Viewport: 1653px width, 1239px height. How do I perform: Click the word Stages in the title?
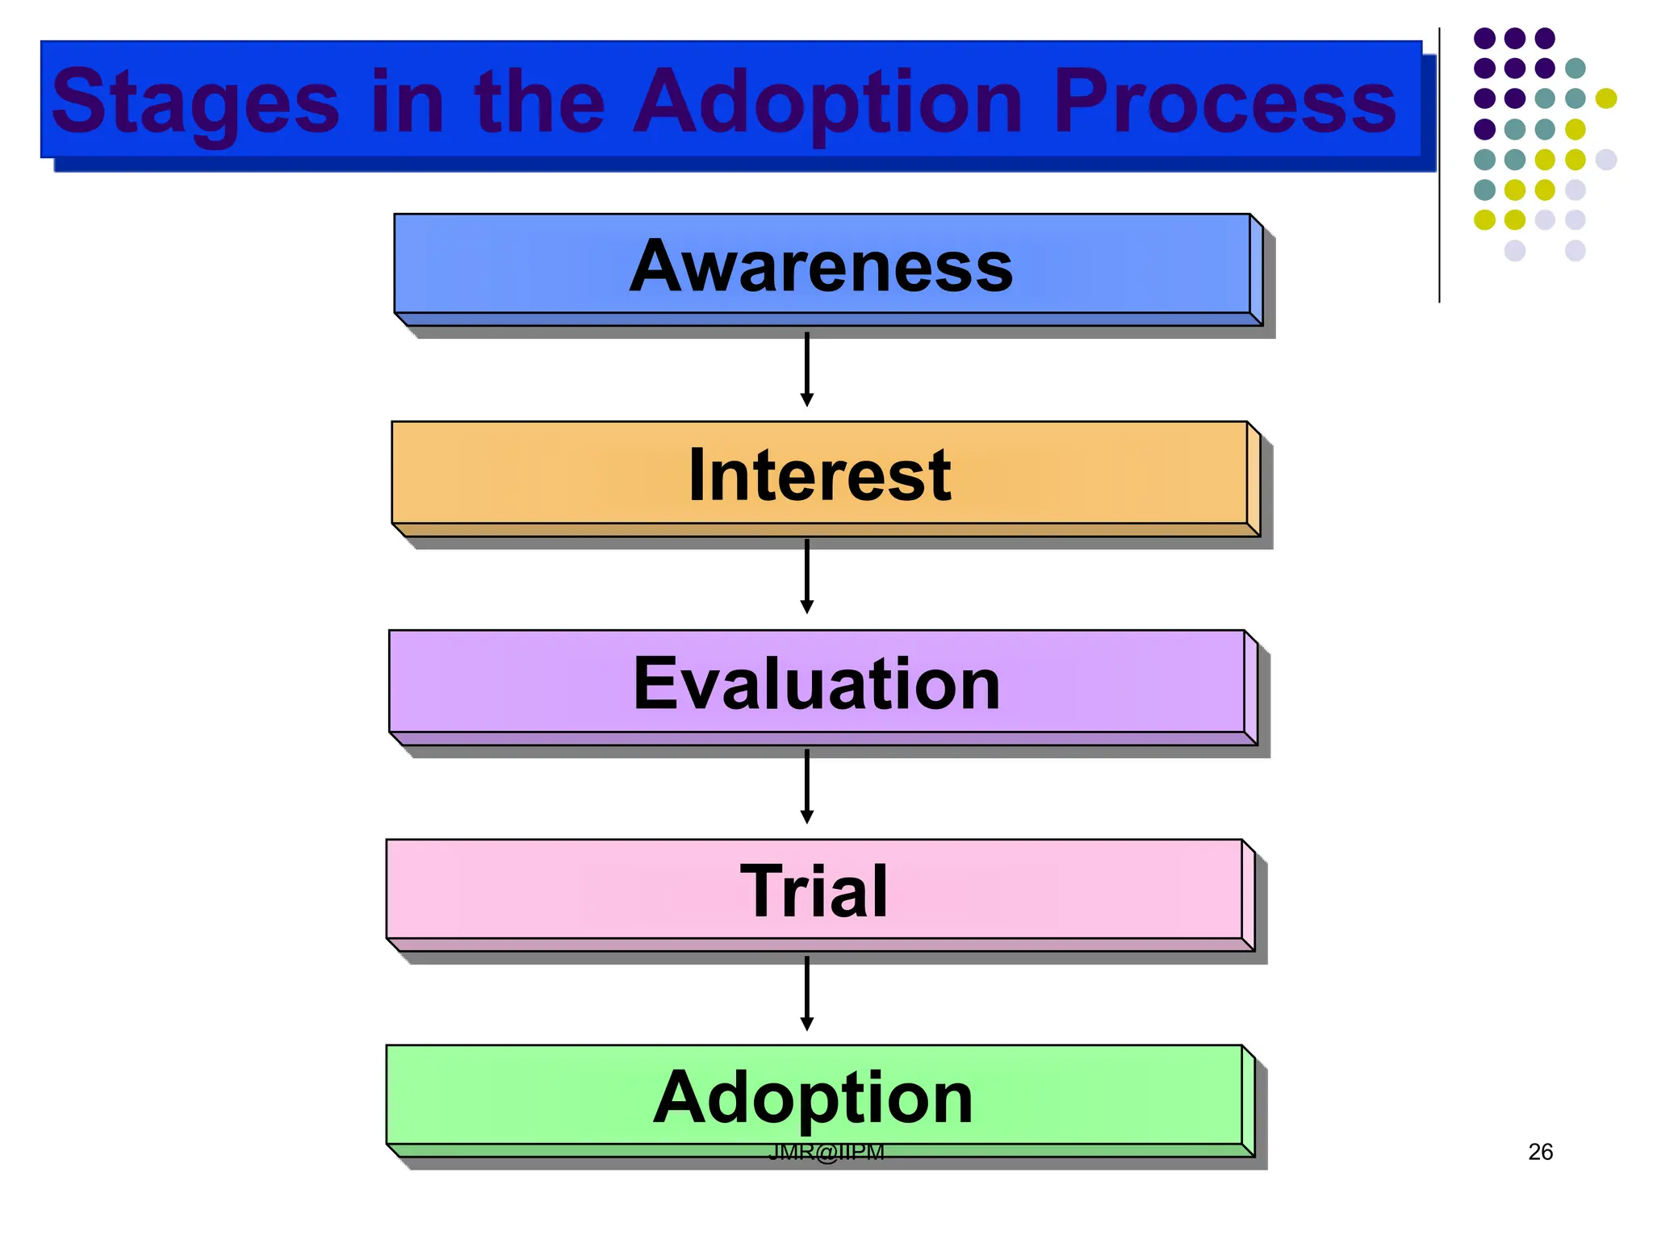(195, 103)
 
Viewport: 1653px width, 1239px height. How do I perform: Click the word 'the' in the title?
(539, 103)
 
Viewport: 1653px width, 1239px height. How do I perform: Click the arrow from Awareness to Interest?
(806, 369)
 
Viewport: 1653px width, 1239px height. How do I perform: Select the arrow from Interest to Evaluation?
(806, 577)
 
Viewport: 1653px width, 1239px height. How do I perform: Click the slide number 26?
(1540, 1152)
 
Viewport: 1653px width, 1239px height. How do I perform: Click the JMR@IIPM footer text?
(826, 1153)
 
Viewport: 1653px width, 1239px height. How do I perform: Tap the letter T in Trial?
(764, 891)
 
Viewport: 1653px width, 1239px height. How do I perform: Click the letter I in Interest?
(697, 474)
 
